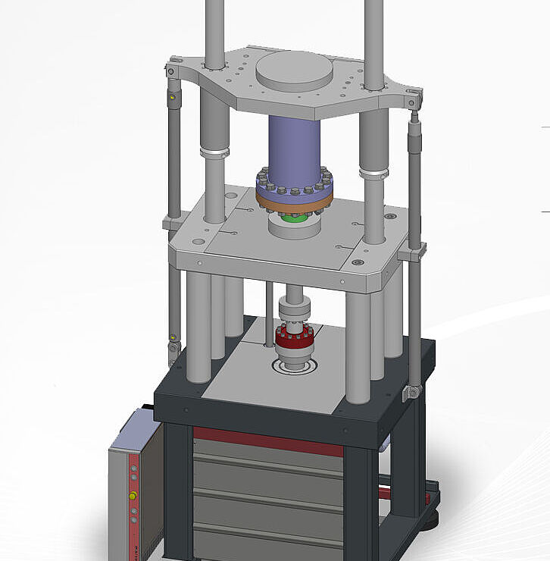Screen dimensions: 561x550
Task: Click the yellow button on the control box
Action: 133,496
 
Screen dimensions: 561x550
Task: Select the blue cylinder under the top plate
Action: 294,148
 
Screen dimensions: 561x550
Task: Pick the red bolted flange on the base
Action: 294,339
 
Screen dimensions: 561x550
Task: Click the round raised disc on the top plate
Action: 295,71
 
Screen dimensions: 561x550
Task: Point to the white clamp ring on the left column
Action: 214,153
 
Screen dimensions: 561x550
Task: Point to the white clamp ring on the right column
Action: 373,174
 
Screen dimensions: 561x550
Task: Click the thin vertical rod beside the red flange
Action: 268,315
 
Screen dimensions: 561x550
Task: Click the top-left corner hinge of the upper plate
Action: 173,70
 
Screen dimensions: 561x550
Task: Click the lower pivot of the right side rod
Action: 413,392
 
